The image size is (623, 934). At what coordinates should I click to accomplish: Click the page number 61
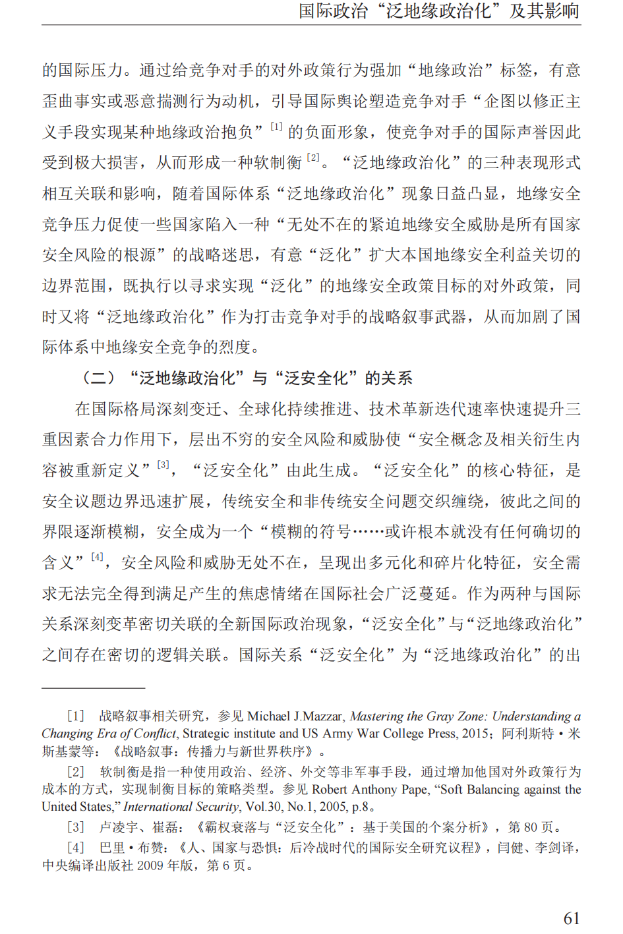[571, 918]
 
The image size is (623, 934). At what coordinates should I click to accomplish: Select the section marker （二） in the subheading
[98, 378]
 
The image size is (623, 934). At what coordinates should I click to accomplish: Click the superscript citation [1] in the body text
[277, 127]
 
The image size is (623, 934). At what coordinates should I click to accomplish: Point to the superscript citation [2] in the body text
[313, 158]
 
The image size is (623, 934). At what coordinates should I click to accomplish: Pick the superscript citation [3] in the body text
[163, 465]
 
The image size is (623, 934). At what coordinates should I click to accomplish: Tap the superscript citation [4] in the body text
[98, 558]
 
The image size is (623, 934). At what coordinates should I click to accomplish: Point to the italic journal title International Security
[181, 806]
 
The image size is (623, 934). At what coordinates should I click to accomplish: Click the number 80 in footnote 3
[531, 827]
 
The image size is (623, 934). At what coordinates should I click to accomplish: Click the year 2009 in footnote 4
[151, 865]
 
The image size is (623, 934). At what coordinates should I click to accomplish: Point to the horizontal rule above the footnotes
[93, 687]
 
